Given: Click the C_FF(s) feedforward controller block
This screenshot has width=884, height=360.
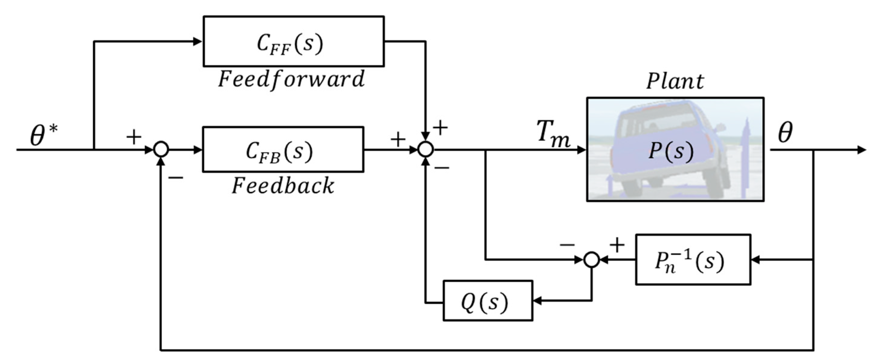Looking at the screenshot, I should point(293,41).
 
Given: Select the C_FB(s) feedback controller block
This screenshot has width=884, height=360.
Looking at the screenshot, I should point(283,149).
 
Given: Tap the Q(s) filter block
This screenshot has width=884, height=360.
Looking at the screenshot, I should point(488,301).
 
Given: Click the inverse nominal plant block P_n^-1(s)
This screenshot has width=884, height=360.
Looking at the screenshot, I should point(693,260).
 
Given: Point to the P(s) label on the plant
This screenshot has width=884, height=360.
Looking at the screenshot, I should point(671,151).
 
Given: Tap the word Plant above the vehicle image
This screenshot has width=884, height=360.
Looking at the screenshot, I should point(675,82).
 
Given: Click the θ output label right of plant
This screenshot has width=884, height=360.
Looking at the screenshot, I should point(785,133).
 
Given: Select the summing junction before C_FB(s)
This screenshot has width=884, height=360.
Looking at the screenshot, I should point(161,149).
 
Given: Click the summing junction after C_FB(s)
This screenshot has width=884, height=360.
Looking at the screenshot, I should point(425,149).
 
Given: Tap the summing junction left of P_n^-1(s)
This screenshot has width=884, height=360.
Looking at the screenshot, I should point(591,260).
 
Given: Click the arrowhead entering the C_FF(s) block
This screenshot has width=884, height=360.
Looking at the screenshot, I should point(198,41).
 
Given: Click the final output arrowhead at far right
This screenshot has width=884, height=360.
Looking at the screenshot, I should point(862,149).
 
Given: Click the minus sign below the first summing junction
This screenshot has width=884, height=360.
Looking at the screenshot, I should point(176,178).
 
